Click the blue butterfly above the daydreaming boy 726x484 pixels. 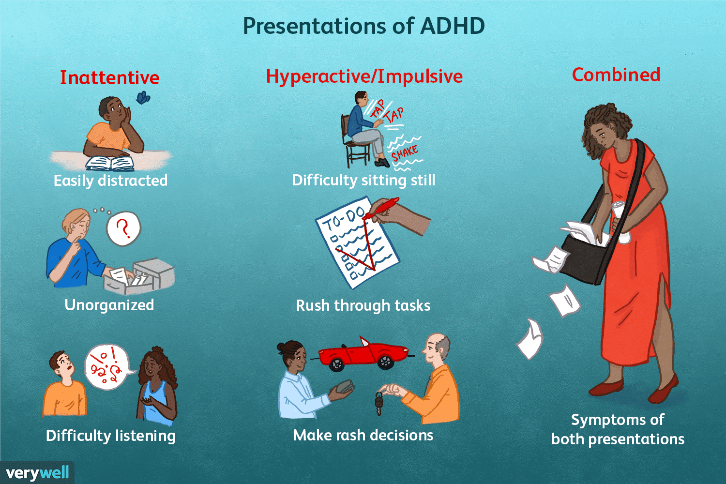pos(143,97)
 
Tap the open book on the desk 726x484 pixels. pos(110,164)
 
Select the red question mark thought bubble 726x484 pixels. pos(123,228)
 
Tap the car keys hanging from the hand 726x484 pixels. pos(379,403)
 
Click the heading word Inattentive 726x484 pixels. pos(109,78)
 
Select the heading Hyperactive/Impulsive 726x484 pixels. pos(364,76)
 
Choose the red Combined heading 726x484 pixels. pos(616,75)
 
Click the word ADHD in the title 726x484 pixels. pos(453,26)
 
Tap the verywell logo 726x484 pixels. pos(37,473)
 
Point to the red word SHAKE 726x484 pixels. pos(405,153)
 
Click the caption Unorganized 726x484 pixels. pos(109,305)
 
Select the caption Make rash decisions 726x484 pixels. pos(363,435)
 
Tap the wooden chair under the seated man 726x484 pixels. pos(353,143)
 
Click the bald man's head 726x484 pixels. pos(436,349)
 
